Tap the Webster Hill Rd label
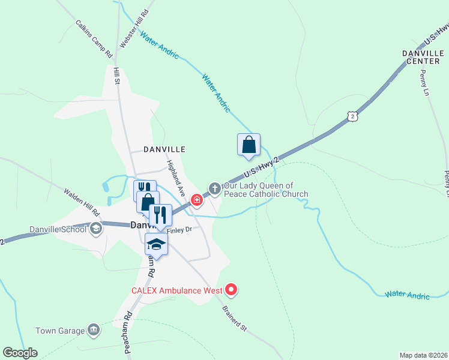click(134, 29)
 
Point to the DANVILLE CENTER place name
click(423, 57)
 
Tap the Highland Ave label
click(175, 178)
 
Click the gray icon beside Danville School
click(95, 229)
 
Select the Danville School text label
click(58, 230)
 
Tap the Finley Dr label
click(179, 230)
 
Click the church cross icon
click(214, 189)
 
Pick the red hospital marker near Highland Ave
click(196, 199)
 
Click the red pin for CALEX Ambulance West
click(231, 290)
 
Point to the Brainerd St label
click(235, 318)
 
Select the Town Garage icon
click(94, 329)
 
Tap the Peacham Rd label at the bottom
click(128, 337)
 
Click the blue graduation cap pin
click(156, 244)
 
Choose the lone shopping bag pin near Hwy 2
click(249, 145)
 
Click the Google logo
click(20, 353)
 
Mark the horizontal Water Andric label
click(408, 295)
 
